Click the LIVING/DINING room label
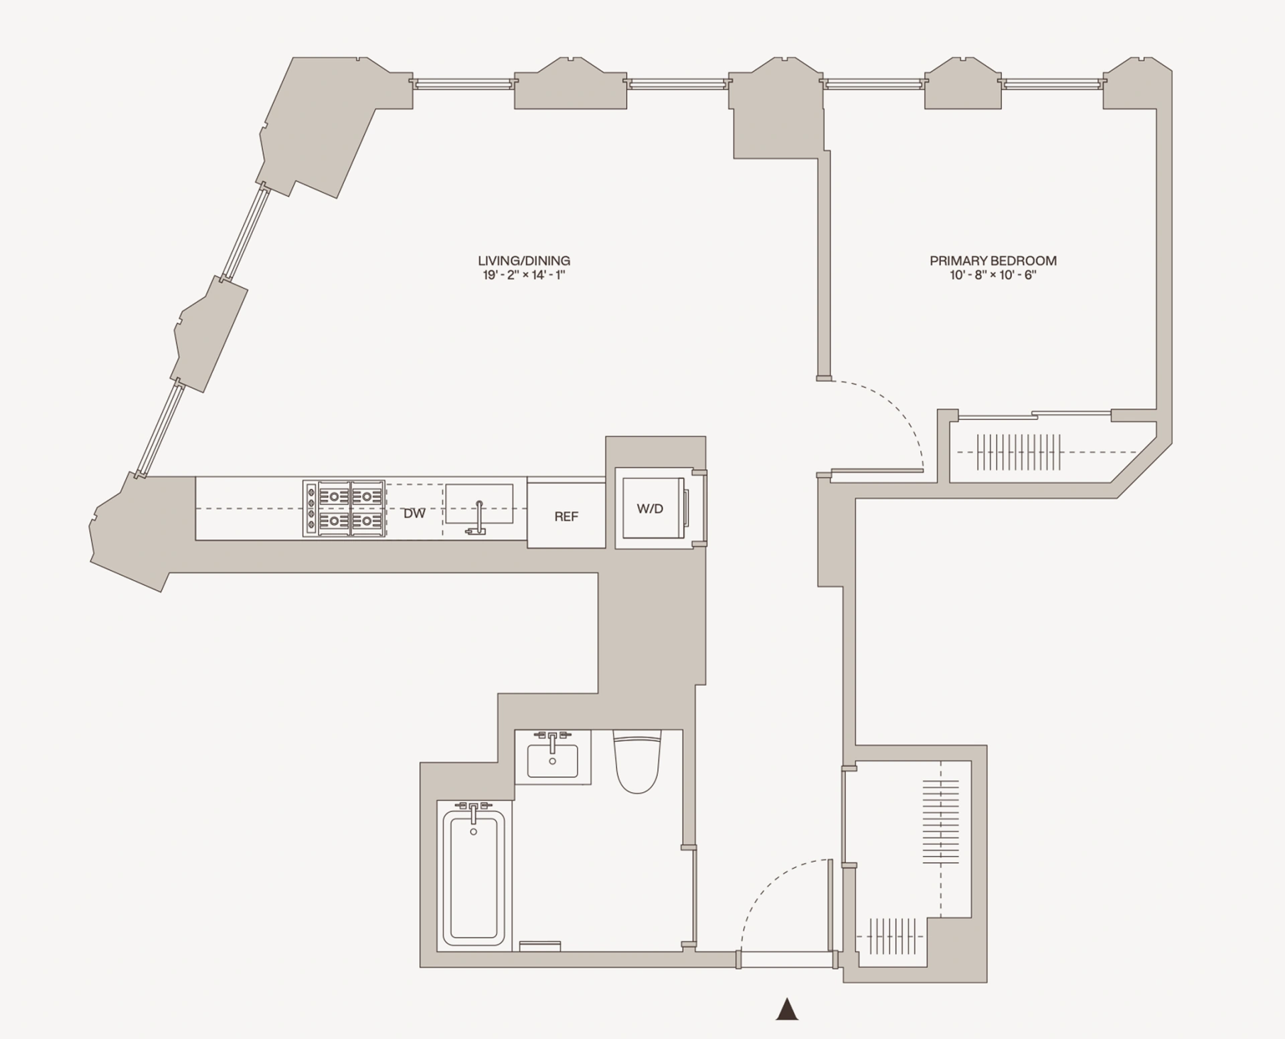click(x=523, y=261)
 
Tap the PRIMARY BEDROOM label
click(x=993, y=261)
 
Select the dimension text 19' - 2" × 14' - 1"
click(x=523, y=276)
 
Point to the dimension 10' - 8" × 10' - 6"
click(x=993, y=276)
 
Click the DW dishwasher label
click(x=414, y=514)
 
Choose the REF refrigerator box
click(x=566, y=516)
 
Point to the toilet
click(x=637, y=763)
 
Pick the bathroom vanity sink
click(x=552, y=761)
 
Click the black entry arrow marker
click(x=787, y=1009)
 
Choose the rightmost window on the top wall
click(x=1052, y=84)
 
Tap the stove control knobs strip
click(x=311, y=508)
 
